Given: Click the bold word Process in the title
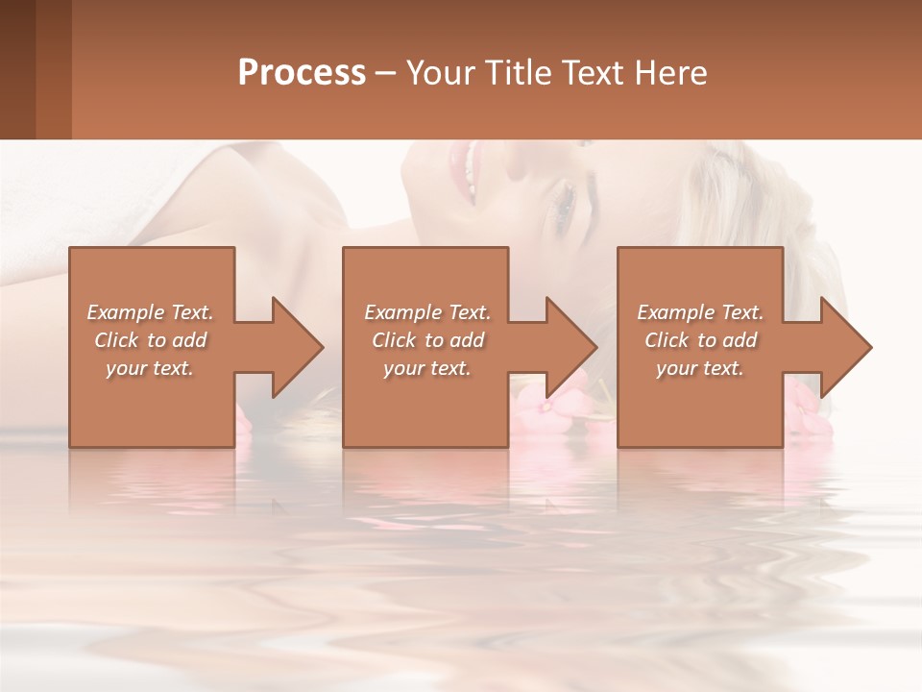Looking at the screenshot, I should pyautogui.click(x=302, y=73).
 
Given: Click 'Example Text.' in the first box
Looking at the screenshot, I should pyautogui.click(x=150, y=312).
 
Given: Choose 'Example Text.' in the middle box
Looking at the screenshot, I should pyautogui.click(x=427, y=312).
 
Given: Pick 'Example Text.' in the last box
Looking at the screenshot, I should pyautogui.click(x=700, y=312).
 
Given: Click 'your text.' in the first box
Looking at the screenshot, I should pyautogui.click(x=150, y=368).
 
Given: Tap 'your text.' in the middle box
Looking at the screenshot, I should pyautogui.click(x=427, y=368).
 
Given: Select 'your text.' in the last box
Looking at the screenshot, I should pyautogui.click(x=700, y=368).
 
